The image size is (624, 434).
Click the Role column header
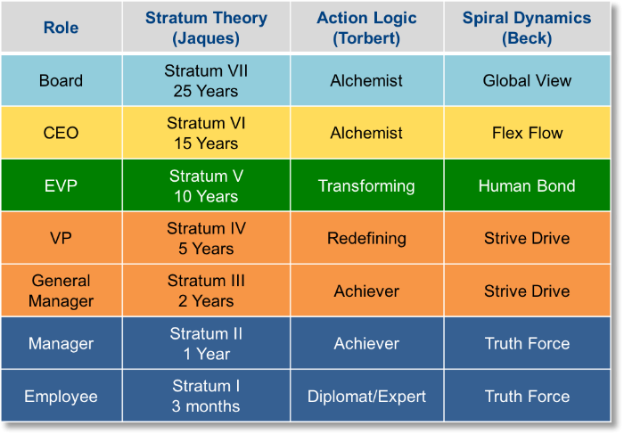click(x=61, y=28)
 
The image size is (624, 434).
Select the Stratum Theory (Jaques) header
click(x=206, y=28)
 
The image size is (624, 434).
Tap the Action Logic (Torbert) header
click(x=366, y=28)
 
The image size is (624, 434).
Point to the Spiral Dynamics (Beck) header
click(x=527, y=28)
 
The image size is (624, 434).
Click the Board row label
click(x=61, y=81)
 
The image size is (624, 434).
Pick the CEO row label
click(x=61, y=133)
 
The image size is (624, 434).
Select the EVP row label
click(x=61, y=185)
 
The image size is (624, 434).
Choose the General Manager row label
click(x=61, y=291)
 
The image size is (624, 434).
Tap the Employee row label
click(x=61, y=397)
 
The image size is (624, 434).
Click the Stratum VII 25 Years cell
click(x=206, y=81)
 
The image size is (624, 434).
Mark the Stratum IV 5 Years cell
click(x=206, y=238)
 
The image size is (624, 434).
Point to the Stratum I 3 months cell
click(x=206, y=397)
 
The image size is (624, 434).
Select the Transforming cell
click(x=366, y=185)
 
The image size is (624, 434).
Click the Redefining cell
click(x=366, y=238)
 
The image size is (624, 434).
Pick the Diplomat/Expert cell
click(x=366, y=397)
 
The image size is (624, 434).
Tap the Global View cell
click(x=527, y=81)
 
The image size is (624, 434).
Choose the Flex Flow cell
click(x=527, y=133)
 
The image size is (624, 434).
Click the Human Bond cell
click(x=527, y=185)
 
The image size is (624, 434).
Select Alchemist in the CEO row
click(x=366, y=133)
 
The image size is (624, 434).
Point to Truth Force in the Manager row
click(x=527, y=344)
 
